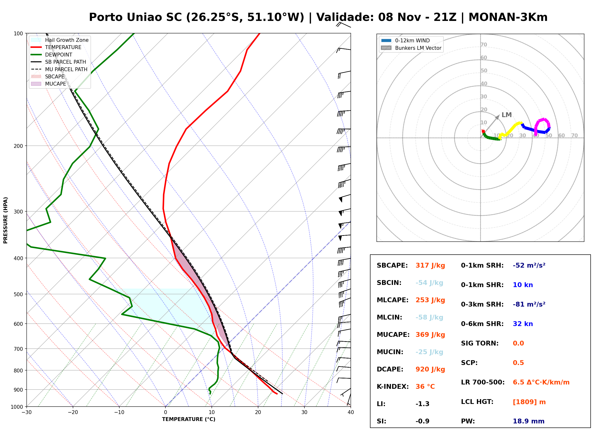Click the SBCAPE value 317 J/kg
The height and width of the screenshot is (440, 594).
pos(430,265)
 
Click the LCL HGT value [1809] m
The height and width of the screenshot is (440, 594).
pos(529,402)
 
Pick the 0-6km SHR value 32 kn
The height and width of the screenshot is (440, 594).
pos(523,324)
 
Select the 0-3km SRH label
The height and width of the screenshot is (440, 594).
pos(482,304)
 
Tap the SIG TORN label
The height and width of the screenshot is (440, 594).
pos(480,343)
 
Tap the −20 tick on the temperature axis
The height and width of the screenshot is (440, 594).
pos(73,412)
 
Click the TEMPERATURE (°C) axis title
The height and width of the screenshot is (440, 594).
pos(188,419)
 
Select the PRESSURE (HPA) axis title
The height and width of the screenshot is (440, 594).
pos(5,220)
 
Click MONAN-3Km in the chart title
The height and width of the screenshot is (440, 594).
pos(508,17)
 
